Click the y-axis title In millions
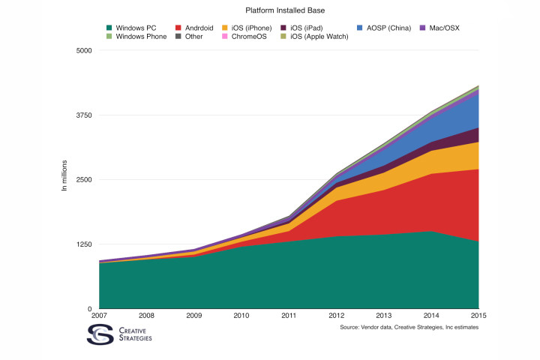pos(65,175)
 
